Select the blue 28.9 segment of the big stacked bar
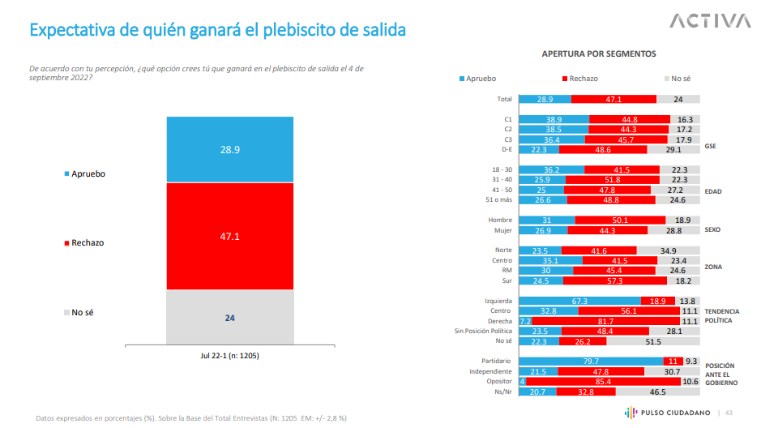(x=229, y=150)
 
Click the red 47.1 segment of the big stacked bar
(x=229, y=237)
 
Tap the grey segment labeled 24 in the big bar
(x=229, y=317)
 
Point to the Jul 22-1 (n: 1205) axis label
(x=229, y=355)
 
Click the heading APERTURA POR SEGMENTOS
(x=598, y=53)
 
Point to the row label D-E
(x=507, y=149)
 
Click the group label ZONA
(x=712, y=266)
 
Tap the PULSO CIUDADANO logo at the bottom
(x=669, y=413)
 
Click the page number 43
(x=729, y=413)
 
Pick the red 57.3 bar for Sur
(x=614, y=280)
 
